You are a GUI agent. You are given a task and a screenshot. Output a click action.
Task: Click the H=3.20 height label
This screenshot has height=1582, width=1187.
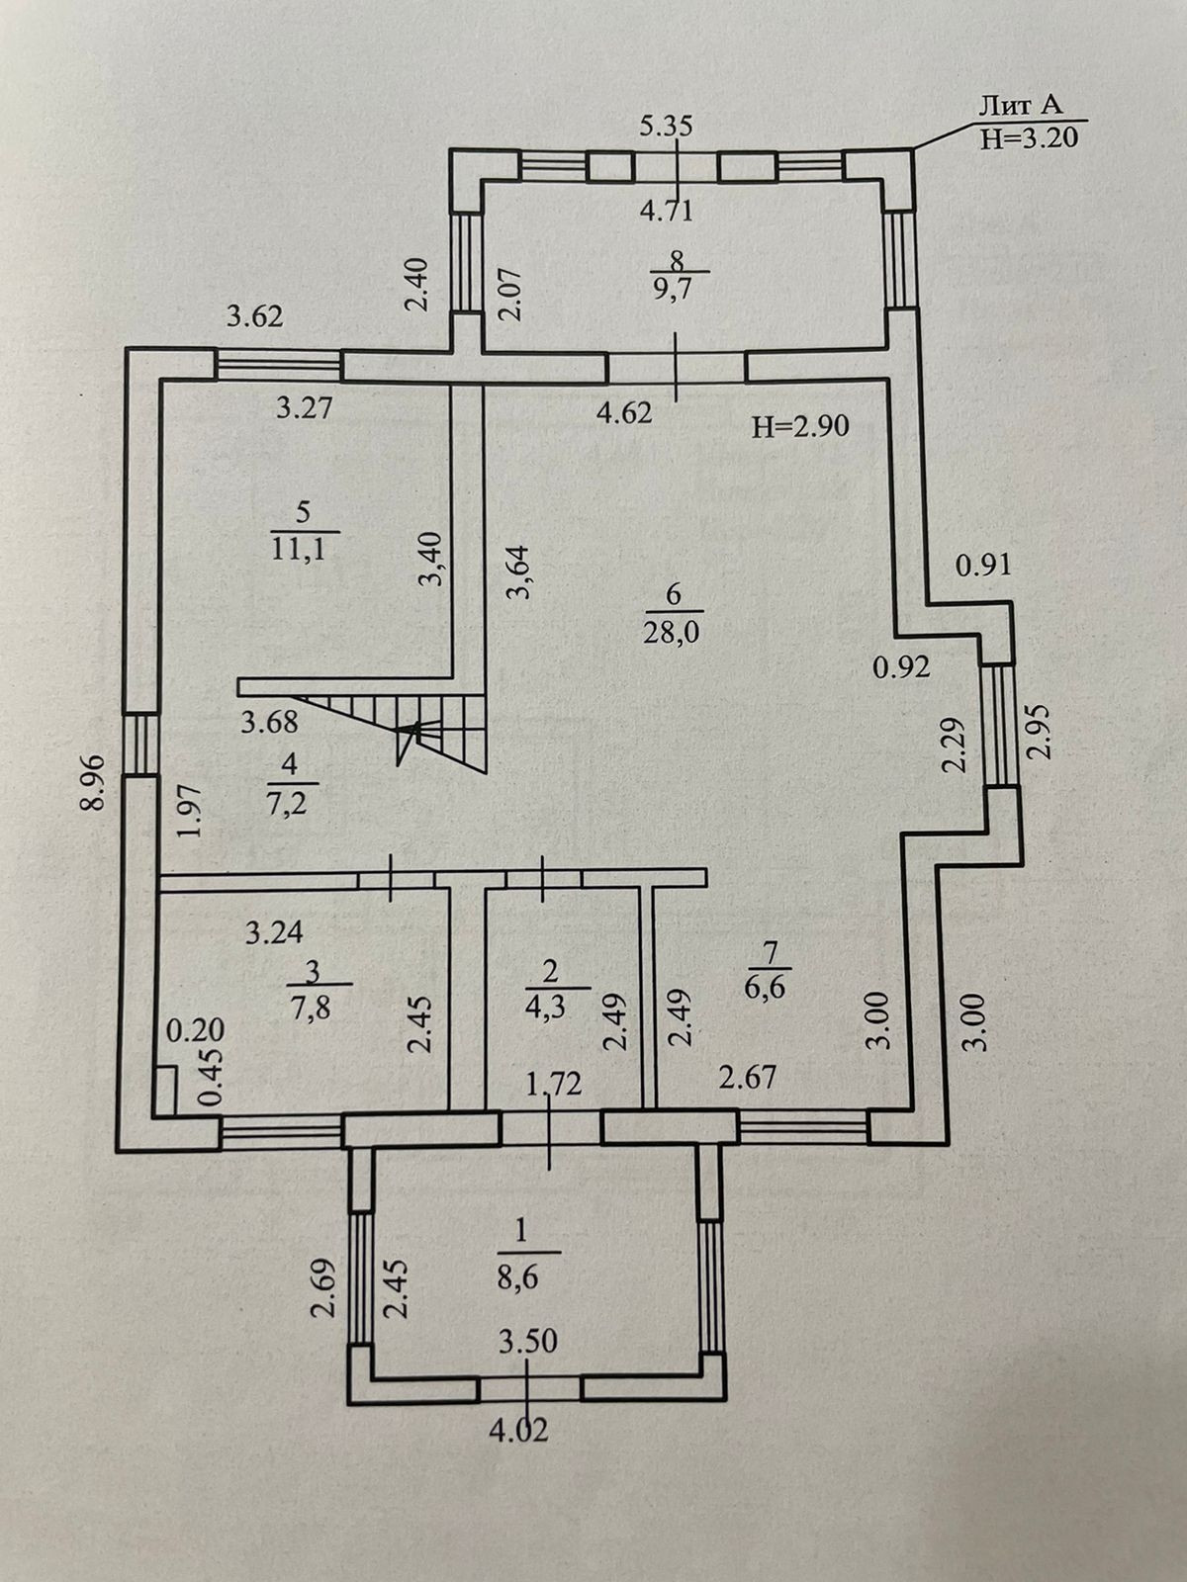[1029, 136]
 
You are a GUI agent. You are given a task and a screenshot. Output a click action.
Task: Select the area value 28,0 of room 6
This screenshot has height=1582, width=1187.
[674, 633]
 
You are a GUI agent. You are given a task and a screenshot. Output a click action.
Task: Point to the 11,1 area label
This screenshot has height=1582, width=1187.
[300, 549]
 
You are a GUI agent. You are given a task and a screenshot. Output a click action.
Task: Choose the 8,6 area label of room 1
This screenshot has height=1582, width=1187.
[519, 1277]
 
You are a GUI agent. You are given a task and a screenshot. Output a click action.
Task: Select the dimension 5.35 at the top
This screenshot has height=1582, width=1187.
[666, 127]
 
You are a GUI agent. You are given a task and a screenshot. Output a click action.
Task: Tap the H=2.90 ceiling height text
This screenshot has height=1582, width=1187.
[800, 427]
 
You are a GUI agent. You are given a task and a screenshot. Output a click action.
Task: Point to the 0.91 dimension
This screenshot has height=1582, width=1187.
[983, 566]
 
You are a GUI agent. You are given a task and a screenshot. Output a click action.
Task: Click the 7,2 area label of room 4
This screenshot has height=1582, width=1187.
[287, 802]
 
